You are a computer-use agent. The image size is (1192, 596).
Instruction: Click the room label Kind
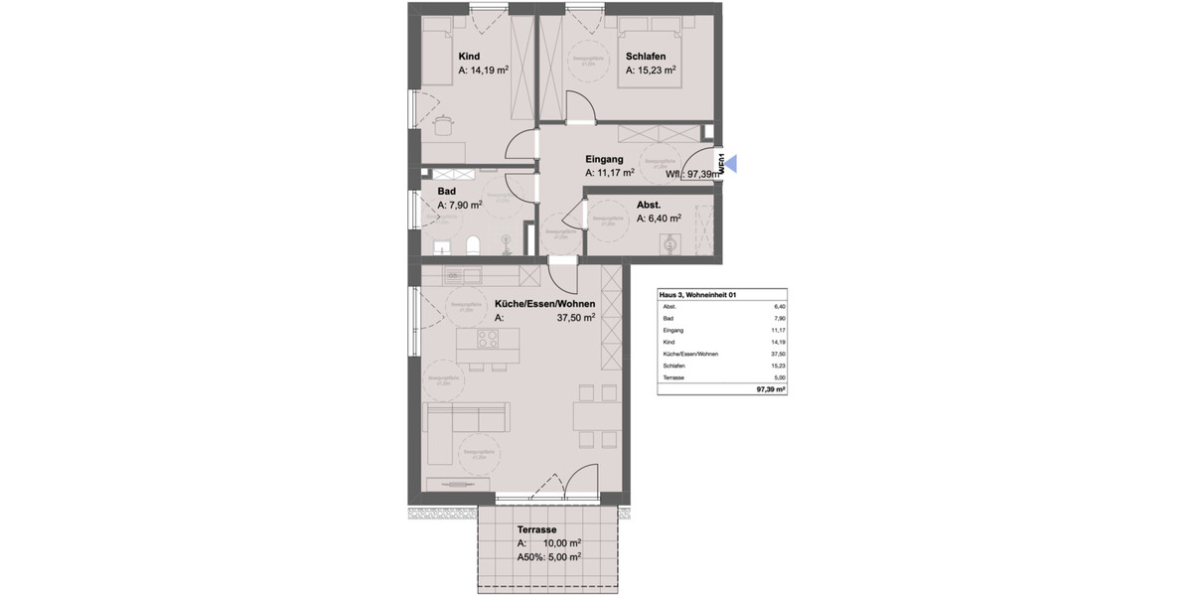(470, 57)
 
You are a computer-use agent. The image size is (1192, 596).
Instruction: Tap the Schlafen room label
(646, 57)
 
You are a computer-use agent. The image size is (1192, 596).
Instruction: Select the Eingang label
(604, 159)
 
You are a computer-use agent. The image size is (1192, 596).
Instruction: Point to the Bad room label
(446, 192)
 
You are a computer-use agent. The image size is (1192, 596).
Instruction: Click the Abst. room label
(649, 205)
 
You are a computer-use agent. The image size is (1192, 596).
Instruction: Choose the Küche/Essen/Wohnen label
(544, 304)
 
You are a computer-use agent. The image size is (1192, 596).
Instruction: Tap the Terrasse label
(536, 529)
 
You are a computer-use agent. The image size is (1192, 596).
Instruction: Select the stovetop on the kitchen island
(487, 339)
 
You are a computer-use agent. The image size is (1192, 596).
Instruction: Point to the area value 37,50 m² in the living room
(575, 319)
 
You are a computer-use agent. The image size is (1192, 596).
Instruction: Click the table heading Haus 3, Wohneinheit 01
(698, 295)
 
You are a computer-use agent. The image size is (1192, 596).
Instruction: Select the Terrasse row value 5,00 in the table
(779, 377)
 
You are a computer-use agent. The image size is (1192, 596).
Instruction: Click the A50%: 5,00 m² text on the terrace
(548, 557)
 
